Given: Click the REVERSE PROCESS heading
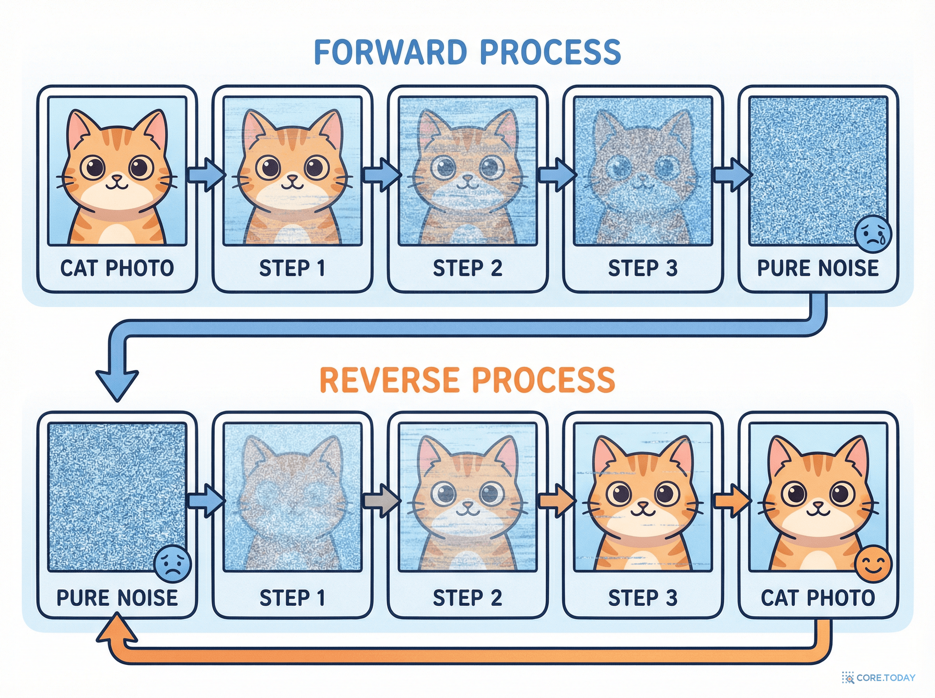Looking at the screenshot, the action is coord(467,380).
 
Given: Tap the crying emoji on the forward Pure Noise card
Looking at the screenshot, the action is coord(873,235).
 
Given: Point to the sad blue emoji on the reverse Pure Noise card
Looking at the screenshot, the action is coord(173,564).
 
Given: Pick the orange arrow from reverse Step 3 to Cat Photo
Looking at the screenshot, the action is coord(732,501).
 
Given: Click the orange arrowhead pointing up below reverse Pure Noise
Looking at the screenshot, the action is coord(117,628).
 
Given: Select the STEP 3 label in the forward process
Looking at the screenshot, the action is coord(643,268).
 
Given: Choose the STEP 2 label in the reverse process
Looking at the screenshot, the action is coord(467,598).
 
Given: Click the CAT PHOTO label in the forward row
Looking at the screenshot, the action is coord(117,268).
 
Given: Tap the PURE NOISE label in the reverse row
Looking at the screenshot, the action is coord(117,598).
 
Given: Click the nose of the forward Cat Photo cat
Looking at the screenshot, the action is coord(116,178).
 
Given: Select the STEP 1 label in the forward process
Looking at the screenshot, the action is coord(292,268).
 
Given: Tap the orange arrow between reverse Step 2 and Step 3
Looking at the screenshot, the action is coord(557,501).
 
